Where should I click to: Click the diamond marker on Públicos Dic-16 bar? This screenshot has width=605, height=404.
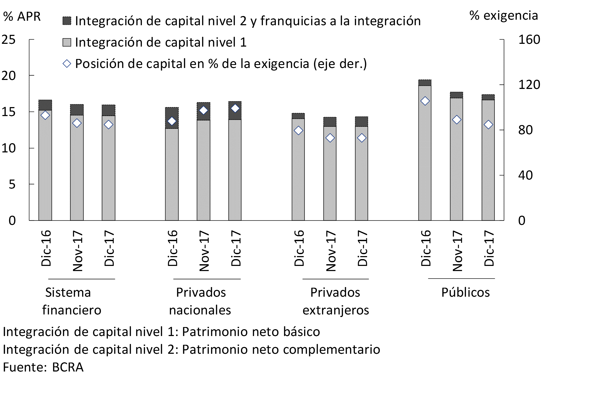tap(425, 101)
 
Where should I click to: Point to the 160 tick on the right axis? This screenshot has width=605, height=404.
tap(529, 40)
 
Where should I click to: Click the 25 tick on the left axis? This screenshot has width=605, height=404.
tap(9, 40)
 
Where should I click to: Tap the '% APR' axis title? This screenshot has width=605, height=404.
tap(22, 16)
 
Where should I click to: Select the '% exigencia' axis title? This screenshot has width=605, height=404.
tap(504, 15)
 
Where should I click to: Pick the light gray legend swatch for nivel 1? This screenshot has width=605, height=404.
tap(67, 42)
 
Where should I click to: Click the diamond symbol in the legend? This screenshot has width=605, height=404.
tap(67, 64)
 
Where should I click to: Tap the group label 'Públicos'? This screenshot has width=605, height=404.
tap(466, 292)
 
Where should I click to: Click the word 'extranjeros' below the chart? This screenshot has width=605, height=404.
tap(336, 310)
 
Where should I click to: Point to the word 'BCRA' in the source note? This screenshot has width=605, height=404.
tap(68, 367)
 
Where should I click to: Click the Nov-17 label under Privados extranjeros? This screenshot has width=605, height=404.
tap(331, 251)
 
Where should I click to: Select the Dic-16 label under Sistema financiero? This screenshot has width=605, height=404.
tap(46, 248)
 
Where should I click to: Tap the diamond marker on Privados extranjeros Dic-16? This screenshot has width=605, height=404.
tap(298, 131)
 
